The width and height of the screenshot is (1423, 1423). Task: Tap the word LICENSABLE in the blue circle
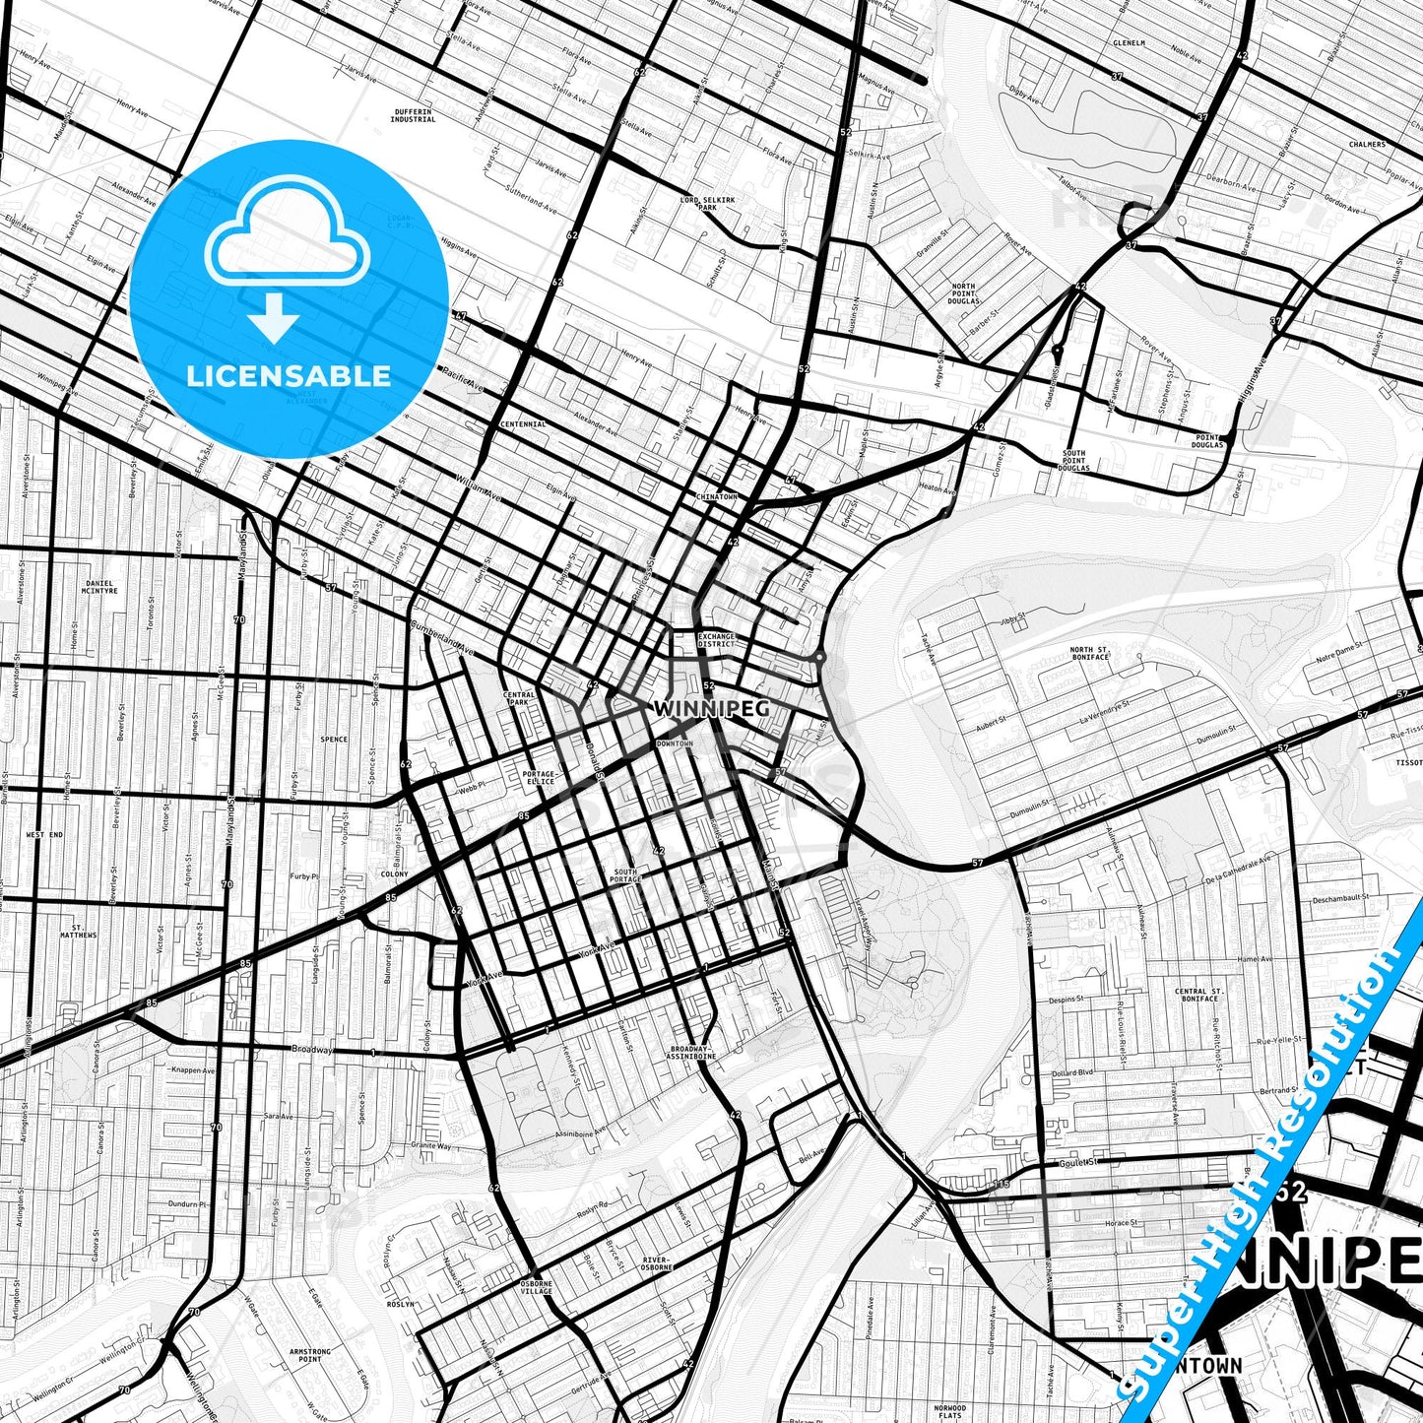click(x=290, y=376)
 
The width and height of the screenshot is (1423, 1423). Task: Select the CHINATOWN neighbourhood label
click(x=716, y=497)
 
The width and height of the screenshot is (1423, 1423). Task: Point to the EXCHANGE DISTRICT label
click(x=717, y=640)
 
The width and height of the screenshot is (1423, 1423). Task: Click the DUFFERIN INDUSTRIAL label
click(x=412, y=115)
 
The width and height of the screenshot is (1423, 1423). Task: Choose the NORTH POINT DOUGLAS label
click(x=963, y=292)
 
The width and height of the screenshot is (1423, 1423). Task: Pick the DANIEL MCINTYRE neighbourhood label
click(x=100, y=587)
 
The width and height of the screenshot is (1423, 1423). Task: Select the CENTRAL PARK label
click(x=519, y=698)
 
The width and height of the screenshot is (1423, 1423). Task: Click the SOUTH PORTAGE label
click(x=626, y=875)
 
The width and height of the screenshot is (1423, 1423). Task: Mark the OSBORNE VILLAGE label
click(x=537, y=1287)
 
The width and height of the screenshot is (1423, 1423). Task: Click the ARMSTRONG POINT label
click(x=309, y=1356)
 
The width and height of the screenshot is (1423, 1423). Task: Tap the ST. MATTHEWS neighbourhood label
click(x=78, y=932)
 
